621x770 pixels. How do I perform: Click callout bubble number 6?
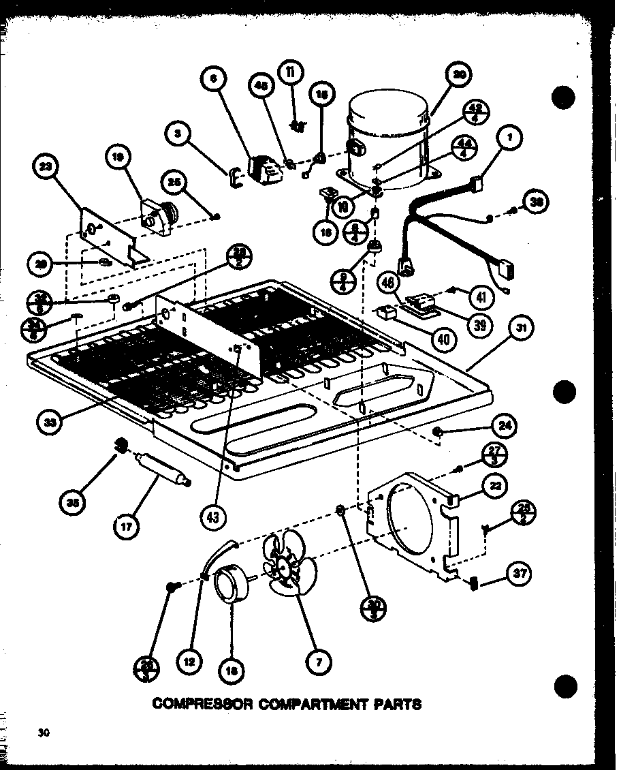point(213,79)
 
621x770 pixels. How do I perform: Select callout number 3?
point(179,134)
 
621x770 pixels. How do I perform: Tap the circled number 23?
point(47,168)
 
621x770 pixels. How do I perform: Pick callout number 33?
point(50,422)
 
